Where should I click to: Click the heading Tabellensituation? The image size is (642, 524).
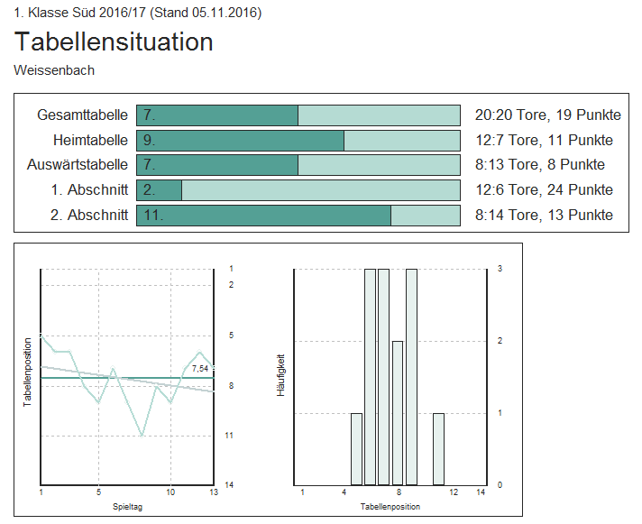click(x=114, y=41)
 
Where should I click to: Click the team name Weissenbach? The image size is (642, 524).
click(x=54, y=69)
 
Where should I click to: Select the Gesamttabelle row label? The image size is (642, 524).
click(x=82, y=115)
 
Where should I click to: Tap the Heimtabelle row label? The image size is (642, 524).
click(x=90, y=140)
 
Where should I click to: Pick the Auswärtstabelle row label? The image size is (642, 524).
click(x=78, y=164)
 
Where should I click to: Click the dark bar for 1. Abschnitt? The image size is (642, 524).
click(x=160, y=189)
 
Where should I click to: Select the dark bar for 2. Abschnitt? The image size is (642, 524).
click(x=263, y=215)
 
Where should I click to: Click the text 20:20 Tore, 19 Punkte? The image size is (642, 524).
click(x=547, y=115)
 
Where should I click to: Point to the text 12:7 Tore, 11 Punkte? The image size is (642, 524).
click(x=544, y=140)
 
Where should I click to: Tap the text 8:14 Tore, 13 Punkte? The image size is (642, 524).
click(x=544, y=215)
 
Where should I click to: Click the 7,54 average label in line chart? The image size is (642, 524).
click(x=199, y=368)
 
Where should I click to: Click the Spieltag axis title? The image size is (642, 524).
click(x=127, y=506)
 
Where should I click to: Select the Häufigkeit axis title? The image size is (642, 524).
click(x=281, y=376)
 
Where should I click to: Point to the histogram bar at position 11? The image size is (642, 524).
click(x=438, y=448)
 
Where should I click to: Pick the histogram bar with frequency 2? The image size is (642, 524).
click(x=398, y=412)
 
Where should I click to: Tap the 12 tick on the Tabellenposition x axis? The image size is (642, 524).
click(x=454, y=492)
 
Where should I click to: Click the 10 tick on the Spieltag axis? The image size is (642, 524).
click(x=170, y=492)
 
